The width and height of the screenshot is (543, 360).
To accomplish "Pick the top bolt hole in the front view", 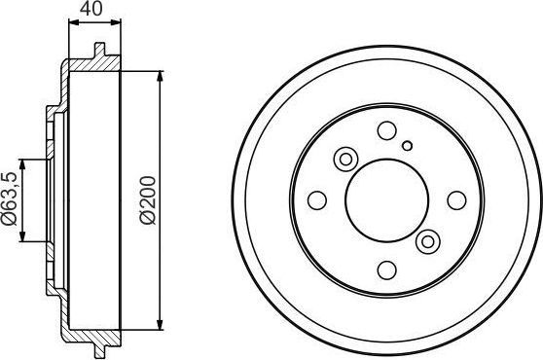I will pos(386,130).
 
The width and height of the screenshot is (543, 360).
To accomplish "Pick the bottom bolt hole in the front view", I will pos(386,270).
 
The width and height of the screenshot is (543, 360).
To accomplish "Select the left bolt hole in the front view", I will pos(316,200).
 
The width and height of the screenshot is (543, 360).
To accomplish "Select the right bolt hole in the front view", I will pos(455,200).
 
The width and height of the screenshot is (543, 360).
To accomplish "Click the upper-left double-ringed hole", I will pos(344,159).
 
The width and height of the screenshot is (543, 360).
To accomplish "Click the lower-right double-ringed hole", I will pos(427,240).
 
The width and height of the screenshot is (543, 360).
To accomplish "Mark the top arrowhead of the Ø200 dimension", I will pos(160,76).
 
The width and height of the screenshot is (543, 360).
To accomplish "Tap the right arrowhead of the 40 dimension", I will pos(119,22).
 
